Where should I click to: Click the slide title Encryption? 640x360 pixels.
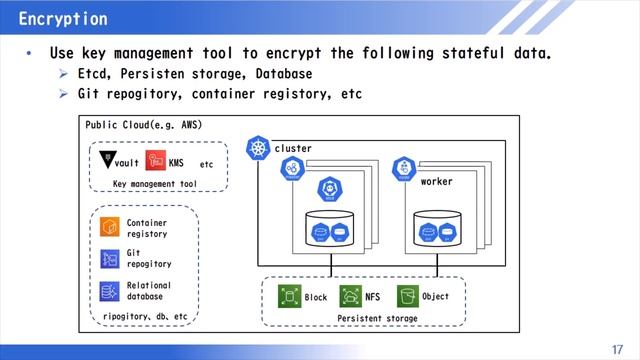tap(63, 19)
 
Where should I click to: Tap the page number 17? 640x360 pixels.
tap(616, 348)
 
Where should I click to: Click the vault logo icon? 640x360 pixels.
tap(108, 161)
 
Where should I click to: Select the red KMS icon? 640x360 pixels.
tap(155, 161)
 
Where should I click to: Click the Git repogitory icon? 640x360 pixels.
tap(109, 259)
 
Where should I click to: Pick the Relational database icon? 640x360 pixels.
tap(109, 291)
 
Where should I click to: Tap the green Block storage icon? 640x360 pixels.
tap(289, 296)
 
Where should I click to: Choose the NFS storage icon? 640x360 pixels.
tap(350, 296)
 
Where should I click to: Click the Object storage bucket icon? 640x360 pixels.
tap(407, 296)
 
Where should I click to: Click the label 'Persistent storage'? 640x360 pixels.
tap(377, 318)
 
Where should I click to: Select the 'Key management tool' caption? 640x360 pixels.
tap(155, 184)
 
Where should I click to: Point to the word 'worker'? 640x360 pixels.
tap(436, 182)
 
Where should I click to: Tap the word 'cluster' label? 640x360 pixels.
tap(293, 148)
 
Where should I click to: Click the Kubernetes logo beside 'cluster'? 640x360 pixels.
tap(259, 149)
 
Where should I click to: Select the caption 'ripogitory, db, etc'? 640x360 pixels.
tap(145, 316)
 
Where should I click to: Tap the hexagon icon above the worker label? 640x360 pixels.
tap(404, 168)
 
